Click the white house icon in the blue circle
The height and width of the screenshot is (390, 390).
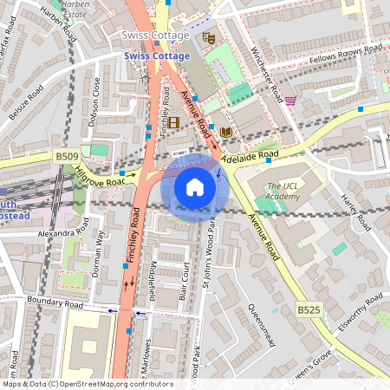(x=195, y=186)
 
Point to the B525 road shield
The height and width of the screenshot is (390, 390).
(x=308, y=309)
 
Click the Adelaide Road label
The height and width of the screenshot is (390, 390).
(x=250, y=158)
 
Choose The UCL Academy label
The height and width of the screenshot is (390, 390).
(x=284, y=192)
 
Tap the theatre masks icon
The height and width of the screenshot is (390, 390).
(x=208, y=37)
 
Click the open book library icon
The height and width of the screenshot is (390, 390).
(x=226, y=131)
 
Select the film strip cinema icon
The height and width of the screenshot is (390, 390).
(x=174, y=122)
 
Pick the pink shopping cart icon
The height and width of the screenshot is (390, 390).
(x=290, y=101)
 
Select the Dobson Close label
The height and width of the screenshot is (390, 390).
(x=96, y=98)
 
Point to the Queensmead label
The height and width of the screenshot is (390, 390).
(x=261, y=322)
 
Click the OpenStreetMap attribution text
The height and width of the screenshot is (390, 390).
(x=88, y=383)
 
